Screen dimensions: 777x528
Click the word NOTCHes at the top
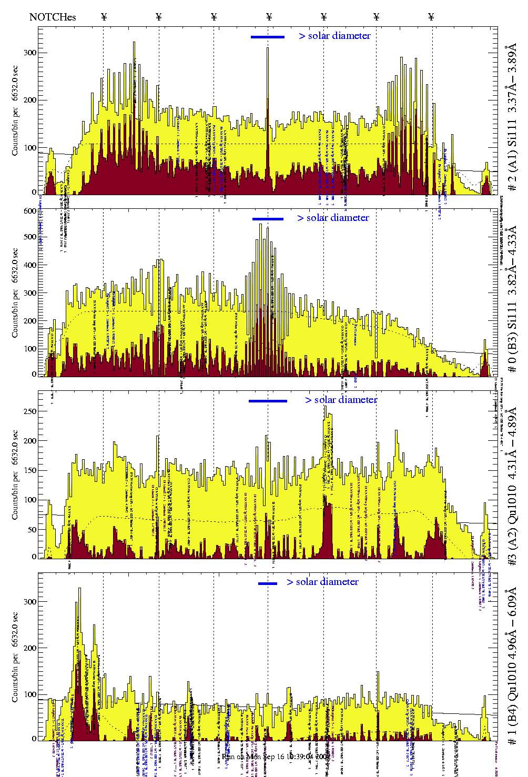[53, 17]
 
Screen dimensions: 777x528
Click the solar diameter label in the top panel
[334, 36]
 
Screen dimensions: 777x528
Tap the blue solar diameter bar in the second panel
[268, 219]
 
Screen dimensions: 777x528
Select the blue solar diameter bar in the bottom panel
[268, 583]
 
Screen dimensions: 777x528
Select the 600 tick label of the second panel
[29, 211]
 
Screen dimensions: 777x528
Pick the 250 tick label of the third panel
[29, 411]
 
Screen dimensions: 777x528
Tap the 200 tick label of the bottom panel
[29, 648]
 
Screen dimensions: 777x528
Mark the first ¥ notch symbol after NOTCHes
[104, 17]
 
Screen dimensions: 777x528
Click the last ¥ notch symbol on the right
[431, 17]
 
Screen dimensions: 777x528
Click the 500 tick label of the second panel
[29, 237]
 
